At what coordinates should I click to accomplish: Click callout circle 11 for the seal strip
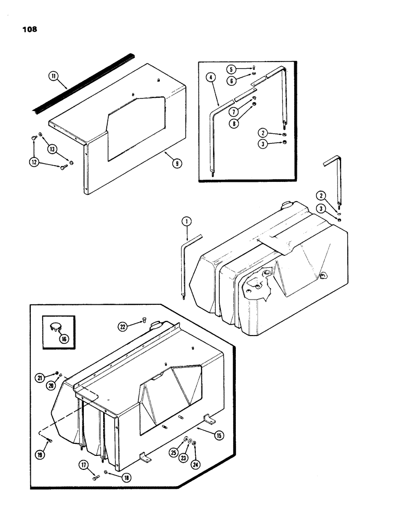click(53, 76)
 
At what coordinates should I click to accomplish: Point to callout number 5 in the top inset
click(231, 69)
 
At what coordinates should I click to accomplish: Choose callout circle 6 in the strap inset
click(231, 81)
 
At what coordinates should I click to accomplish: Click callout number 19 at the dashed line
click(41, 454)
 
